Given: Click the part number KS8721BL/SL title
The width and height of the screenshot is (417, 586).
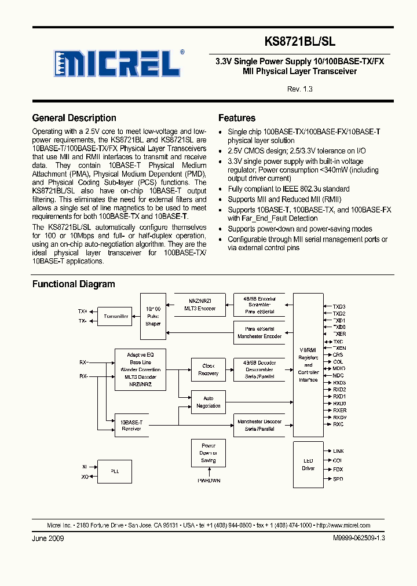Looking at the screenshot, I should pyautogui.click(x=299, y=42).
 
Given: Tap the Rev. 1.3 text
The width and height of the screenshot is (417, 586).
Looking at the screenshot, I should pyautogui.click(x=299, y=89).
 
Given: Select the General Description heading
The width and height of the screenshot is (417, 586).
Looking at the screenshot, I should pyautogui.click(x=74, y=118).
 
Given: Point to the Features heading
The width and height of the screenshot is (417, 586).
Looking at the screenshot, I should pyautogui.click(x=237, y=118).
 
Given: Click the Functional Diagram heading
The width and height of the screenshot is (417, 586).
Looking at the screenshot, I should pyautogui.click(x=74, y=284).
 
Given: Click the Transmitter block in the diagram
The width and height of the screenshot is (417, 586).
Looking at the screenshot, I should pyautogui.click(x=116, y=316).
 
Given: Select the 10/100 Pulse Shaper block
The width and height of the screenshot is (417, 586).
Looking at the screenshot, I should pyautogui.click(x=153, y=316).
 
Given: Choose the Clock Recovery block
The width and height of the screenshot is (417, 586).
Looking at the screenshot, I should pyautogui.click(x=208, y=369).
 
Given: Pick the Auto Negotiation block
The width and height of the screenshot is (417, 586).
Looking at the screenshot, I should pyautogui.click(x=208, y=402).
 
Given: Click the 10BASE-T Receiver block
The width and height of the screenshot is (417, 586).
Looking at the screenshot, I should pyautogui.click(x=131, y=426).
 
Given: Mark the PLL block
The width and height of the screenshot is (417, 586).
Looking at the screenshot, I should pyautogui.click(x=115, y=471).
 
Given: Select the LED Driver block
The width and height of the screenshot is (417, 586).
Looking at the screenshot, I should pyautogui.click(x=308, y=465).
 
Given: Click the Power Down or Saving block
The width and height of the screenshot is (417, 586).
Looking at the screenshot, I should pyautogui.click(x=208, y=453).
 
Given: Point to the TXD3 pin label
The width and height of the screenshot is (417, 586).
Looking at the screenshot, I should pyautogui.click(x=339, y=306).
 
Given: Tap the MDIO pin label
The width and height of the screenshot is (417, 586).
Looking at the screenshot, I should pyautogui.click(x=339, y=368).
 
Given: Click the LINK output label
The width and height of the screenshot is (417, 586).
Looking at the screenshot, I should pyautogui.click(x=338, y=451).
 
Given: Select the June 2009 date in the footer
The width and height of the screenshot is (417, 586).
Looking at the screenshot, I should pyautogui.click(x=48, y=538).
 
